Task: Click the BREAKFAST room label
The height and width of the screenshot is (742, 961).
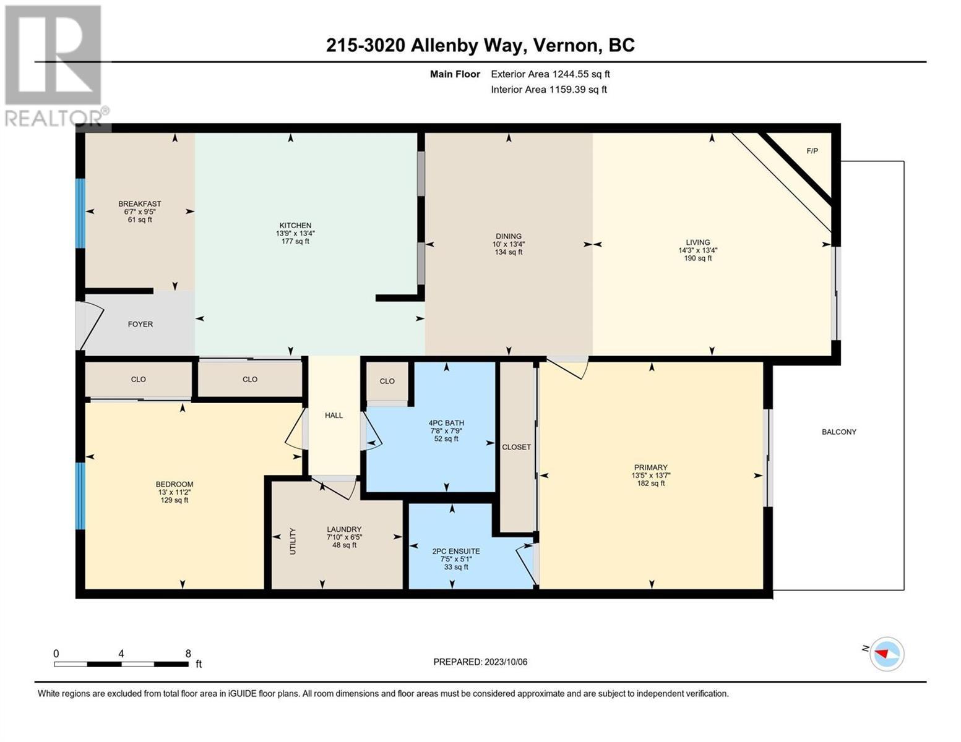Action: coord(139,203)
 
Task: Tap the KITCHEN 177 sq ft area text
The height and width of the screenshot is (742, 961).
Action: coord(295,241)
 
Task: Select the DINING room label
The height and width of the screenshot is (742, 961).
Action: coord(509,236)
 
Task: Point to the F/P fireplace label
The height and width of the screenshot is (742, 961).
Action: coord(812,151)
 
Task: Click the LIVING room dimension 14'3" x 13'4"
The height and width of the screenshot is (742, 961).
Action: coord(698,250)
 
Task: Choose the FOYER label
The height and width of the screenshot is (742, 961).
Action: coord(140,324)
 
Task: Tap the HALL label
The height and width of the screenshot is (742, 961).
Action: coord(334,415)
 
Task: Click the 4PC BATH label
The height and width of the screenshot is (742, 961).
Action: coord(446,423)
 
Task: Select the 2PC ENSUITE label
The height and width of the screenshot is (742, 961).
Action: coord(456,551)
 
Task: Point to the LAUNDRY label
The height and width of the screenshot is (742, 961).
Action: coord(344,529)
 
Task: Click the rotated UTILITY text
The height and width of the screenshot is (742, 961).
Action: coord(292,541)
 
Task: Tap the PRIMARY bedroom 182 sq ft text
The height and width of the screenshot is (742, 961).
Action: coord(650,483)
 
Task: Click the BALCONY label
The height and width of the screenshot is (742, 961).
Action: coord(839,432)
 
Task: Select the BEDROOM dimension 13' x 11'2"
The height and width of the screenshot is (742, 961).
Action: coord(175,492)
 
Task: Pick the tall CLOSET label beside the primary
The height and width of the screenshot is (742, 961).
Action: coord(516,447)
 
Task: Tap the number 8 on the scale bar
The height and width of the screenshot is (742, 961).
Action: coord(188,654)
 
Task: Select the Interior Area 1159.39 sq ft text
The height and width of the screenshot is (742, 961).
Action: coord(548,89)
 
